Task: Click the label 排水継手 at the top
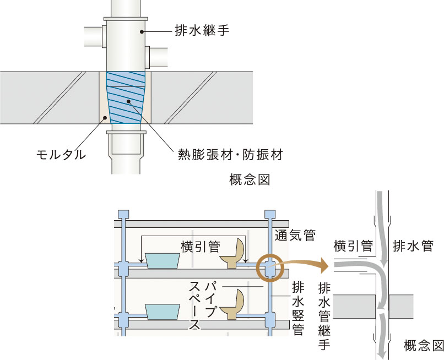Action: [x=202, y=30]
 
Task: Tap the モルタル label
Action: [x=61, y=155]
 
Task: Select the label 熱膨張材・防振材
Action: [x=230, y=155]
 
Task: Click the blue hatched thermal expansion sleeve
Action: [x=126, y=97]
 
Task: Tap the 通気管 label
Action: [x=295, y=235]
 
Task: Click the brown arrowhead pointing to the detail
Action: [x=323, y=266]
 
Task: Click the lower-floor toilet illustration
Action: [x=232, y=305]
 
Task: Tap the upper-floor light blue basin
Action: [x=163, y=261]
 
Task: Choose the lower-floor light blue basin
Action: [x=163, y=312]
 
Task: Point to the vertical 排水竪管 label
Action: [x=298, y=308]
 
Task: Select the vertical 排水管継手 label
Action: [x=324, y=316]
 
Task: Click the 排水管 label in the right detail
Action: [x=413, y=246]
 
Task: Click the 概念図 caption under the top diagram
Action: [x=250, y=179]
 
